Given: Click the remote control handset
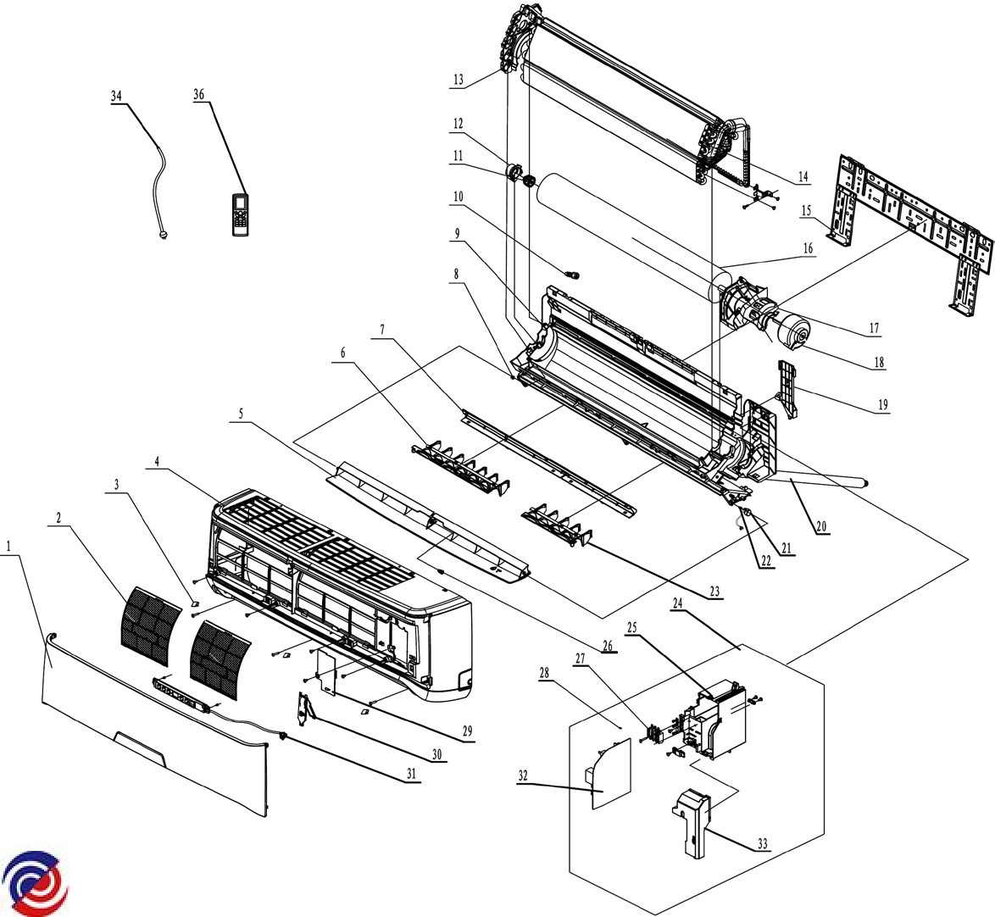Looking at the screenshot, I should pos(242,214).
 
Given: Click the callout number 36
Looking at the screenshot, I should pos(199,96).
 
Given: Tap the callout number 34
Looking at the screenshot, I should pos(116,96).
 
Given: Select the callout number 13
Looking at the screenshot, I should pos(458,80).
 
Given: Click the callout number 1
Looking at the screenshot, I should pos(9,547).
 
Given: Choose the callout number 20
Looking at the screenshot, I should pos(821,526).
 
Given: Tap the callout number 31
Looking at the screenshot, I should pos(412,773).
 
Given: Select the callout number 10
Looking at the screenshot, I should pos(459,197).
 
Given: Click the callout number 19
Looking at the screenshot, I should pos(883,405).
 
